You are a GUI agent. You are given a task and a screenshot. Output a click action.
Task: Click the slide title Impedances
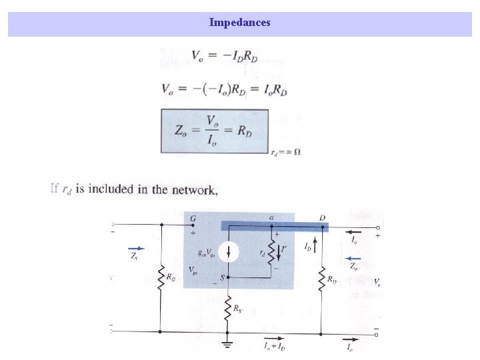(x=239, y=23)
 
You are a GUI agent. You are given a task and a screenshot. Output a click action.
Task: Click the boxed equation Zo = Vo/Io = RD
(x=214, y=131)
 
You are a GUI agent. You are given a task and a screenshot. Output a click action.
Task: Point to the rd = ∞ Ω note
(x=286, y=151)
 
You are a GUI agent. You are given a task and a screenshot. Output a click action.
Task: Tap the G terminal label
(x=193, y=217)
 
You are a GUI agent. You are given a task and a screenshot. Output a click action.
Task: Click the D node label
(x=322, y=217)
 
